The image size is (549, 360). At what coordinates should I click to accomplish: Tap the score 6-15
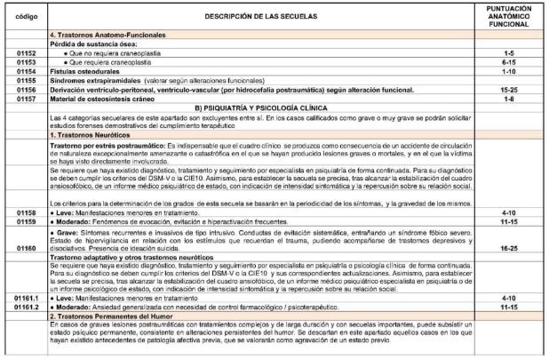(x=511, y=62)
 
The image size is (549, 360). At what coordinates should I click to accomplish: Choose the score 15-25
(x=511, y=88)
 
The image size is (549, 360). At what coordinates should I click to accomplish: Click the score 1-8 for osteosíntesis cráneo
(x=511, y=97)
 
